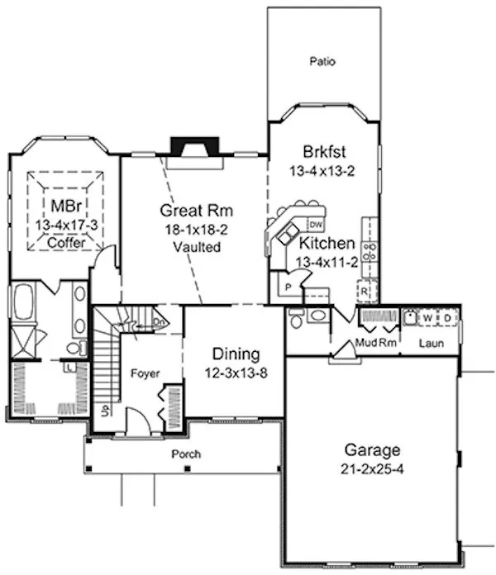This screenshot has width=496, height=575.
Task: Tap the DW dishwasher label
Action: click(x=315, y=225)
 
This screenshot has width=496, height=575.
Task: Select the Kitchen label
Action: click(x=327, y=244)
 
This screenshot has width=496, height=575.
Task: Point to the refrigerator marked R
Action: click(x=363, y=292)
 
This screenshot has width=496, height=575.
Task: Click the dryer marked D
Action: click(x=446, y=317)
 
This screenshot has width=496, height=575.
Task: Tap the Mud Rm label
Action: click(x=370, y=341)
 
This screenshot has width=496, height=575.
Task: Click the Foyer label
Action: click(x=145, y=373)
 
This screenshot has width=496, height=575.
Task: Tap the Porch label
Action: click(x=185, y=454)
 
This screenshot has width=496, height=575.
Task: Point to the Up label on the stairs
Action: click(x=103, y=411)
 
